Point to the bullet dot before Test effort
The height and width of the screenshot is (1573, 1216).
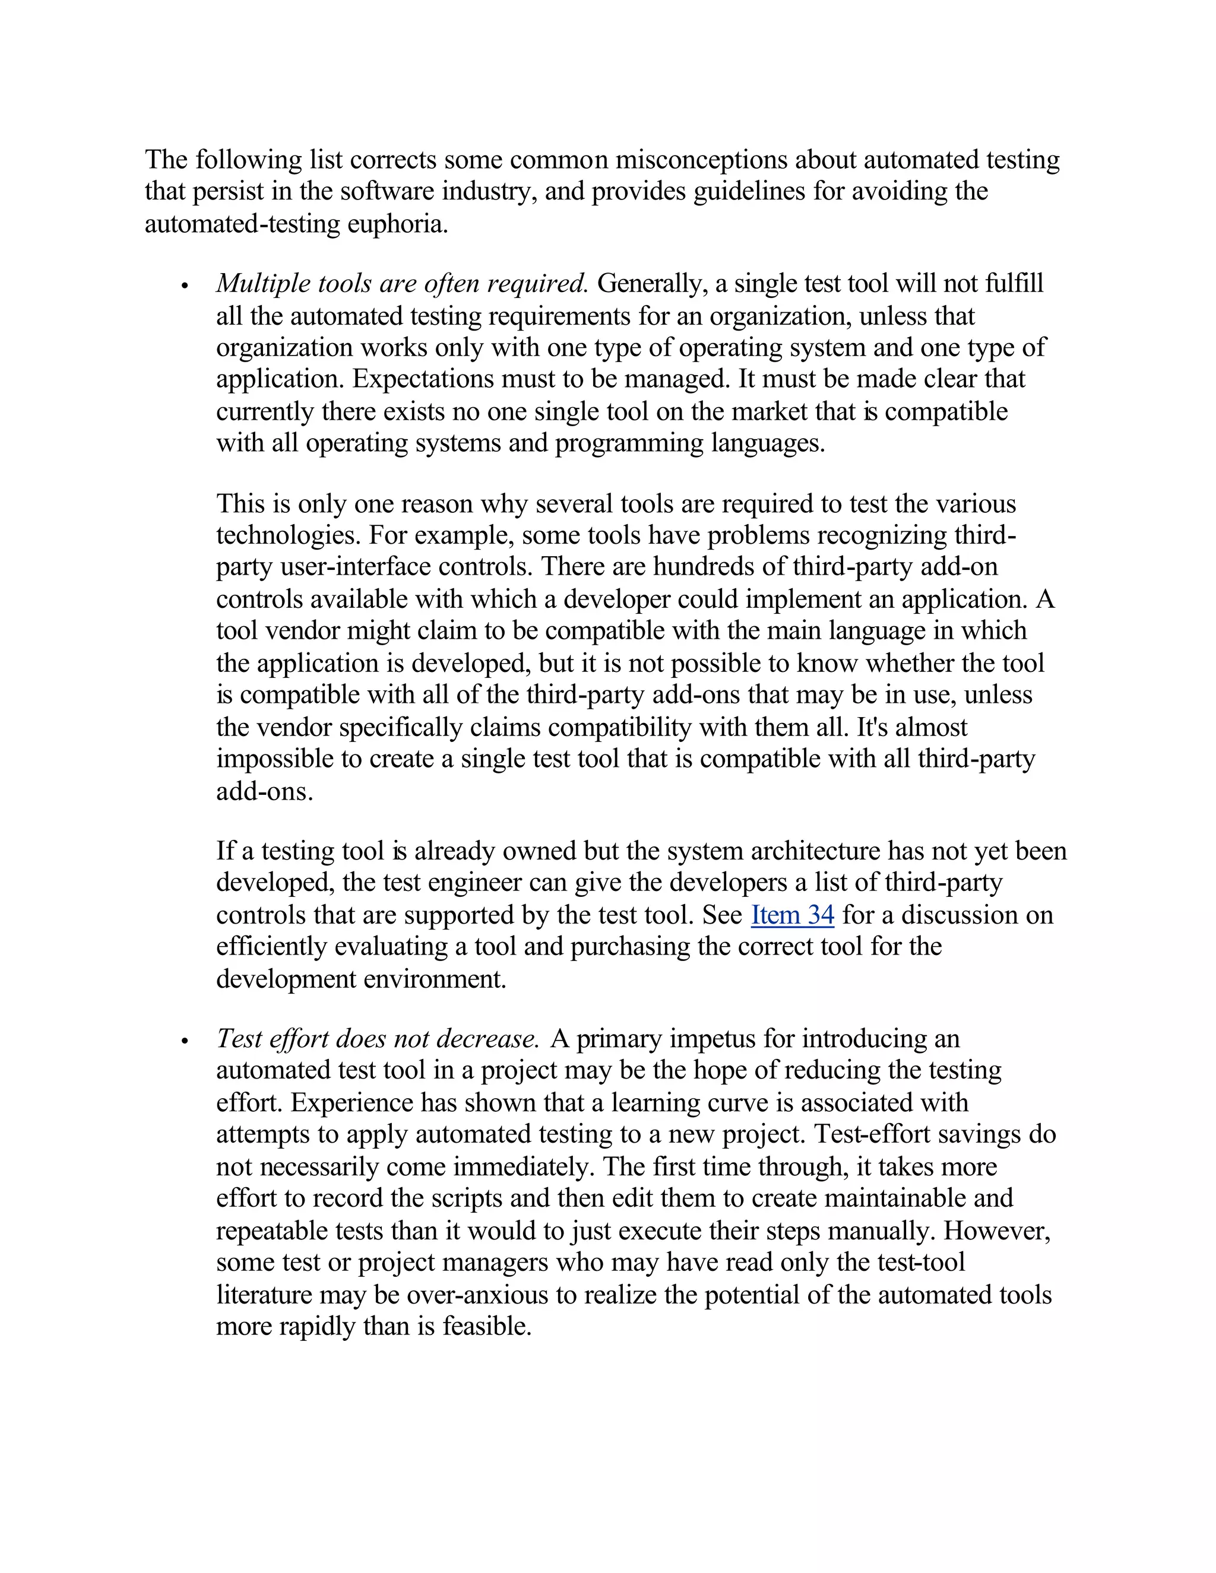coord(185,1041)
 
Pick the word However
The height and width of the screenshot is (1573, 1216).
coord(996,1230)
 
